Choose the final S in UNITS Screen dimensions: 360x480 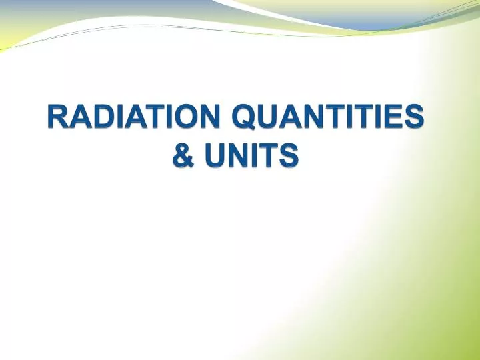point(289,156)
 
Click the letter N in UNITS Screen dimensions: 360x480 point(237,156)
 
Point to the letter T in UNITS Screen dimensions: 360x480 point(269,156)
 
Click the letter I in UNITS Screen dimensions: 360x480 point(254,156)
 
